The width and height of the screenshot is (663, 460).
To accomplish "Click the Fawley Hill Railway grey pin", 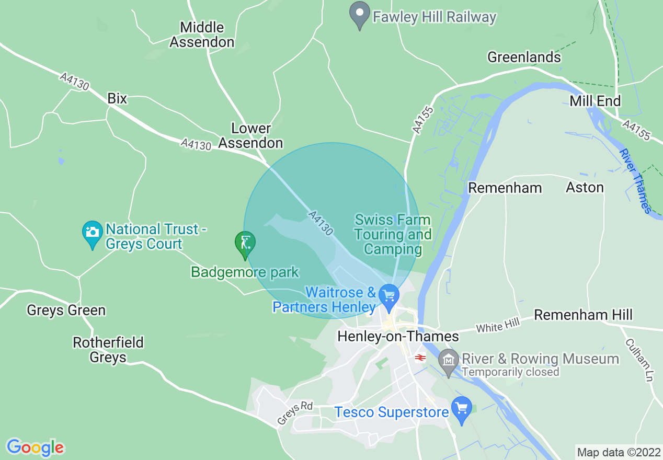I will click(x=359, y=15).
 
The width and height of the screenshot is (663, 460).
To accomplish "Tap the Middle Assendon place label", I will click(x=202, y=35).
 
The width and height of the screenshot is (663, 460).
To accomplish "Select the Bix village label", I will click(x=117, y=98).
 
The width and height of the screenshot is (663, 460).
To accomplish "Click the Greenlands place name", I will click(x=524, y=57).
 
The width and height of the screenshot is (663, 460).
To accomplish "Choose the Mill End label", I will click(x=595, y=101).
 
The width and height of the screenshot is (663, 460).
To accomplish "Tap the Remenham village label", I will click(x=505, y=188).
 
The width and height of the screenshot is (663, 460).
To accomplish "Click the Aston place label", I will click(x=585, y=187).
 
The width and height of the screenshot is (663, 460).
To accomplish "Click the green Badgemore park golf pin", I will click(x=245, y=244).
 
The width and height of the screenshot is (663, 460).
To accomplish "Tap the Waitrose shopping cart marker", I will click(x=388, y=297).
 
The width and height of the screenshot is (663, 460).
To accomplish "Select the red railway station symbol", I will click(x=419, y=358).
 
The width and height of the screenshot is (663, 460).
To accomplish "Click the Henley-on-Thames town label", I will click(x=398, y=336).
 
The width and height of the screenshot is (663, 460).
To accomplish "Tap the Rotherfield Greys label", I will click(x=108, y=350).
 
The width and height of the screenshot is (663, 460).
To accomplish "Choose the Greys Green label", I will click(x=66, y=310).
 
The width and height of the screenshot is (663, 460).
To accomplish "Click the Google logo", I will click(x=35, y=447).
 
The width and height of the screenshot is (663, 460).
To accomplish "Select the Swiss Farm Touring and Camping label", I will click(x=393, y=234).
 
